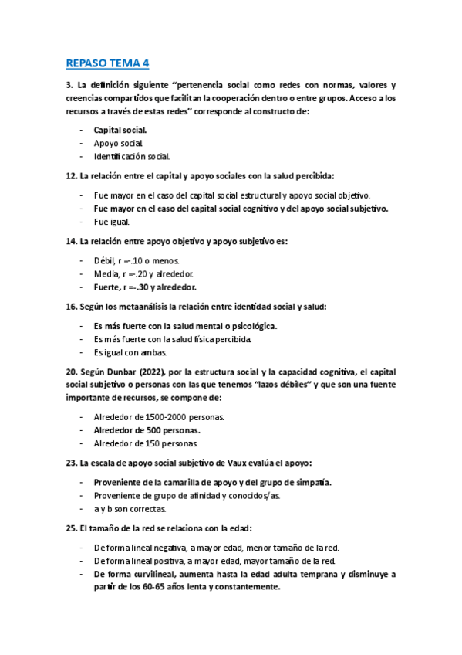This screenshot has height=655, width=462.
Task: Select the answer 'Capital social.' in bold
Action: point(120,130)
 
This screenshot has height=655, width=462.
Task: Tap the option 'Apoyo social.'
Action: point(119,143)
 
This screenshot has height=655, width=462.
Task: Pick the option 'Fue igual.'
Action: point(113,222)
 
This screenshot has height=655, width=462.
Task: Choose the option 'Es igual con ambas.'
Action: point(130,352)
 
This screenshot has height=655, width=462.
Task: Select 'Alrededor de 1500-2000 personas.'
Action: point(159,417)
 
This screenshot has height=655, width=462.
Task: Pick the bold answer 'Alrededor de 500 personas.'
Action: point(147,430)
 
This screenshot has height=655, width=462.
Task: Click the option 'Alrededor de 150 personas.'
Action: point(146,443)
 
